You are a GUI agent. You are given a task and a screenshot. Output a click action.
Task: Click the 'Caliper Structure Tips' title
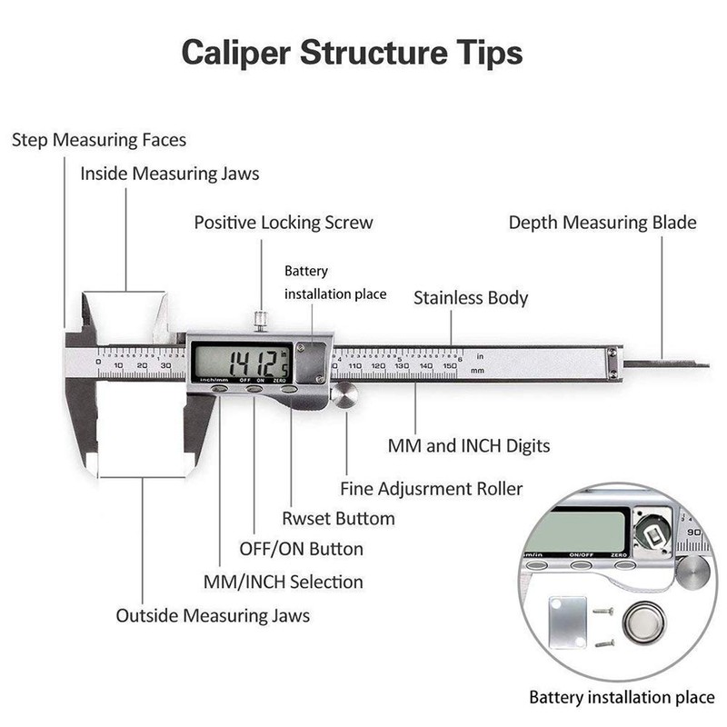[352, 52]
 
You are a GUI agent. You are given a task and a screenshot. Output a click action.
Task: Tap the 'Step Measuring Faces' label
[99, 140]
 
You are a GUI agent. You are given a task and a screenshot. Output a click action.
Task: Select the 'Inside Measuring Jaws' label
[170, 173]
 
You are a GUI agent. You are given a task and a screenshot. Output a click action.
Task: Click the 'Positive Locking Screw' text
[284, 222]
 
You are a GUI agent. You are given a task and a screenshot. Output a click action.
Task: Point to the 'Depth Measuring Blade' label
[603, 222]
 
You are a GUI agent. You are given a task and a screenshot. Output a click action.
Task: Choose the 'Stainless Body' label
[471, 297]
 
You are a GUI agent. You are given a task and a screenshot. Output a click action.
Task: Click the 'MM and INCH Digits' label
[469, 446]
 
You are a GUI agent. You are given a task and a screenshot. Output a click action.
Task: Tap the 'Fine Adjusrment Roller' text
[432, 489]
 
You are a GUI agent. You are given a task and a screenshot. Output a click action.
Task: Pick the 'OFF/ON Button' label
[301, 549]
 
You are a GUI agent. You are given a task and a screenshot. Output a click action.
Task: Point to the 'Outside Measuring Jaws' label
[213, 615]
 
